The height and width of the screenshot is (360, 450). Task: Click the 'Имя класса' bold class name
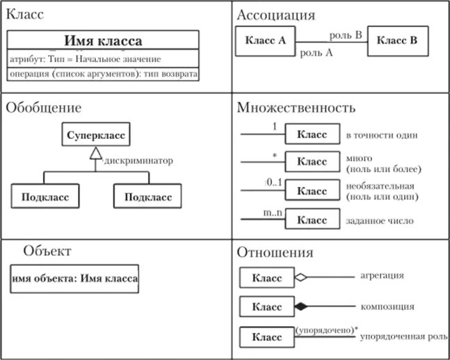(x=103, y=41)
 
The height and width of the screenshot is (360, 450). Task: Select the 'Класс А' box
(x=266, y=40)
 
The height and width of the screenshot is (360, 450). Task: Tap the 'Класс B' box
(x=397, y=40)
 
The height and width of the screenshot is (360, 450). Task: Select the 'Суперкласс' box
(x=96, y=135)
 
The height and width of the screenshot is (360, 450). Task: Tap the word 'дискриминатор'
(x=138, y=161)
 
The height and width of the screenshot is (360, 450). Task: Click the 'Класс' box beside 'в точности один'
(x=312, y=134)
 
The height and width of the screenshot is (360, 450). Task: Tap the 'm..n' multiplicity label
(x=273, y=212)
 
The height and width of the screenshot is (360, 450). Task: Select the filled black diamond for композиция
(x=300, y=306)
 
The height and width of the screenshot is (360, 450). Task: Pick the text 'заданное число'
(x=379, y=221)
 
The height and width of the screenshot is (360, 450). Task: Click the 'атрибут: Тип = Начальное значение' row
(x=86, y=58)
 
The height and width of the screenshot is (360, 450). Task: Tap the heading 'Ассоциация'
(x=276, y=15)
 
